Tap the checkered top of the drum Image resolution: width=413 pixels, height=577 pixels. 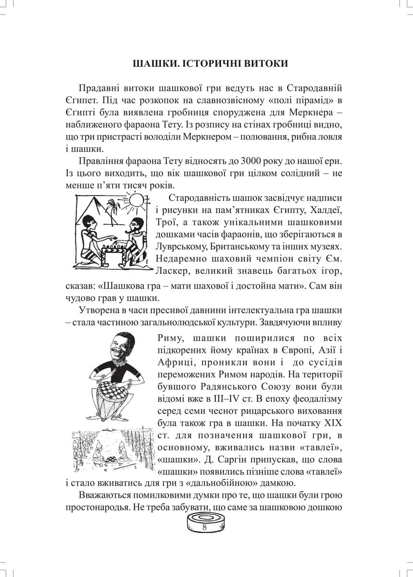coord(115,387)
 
